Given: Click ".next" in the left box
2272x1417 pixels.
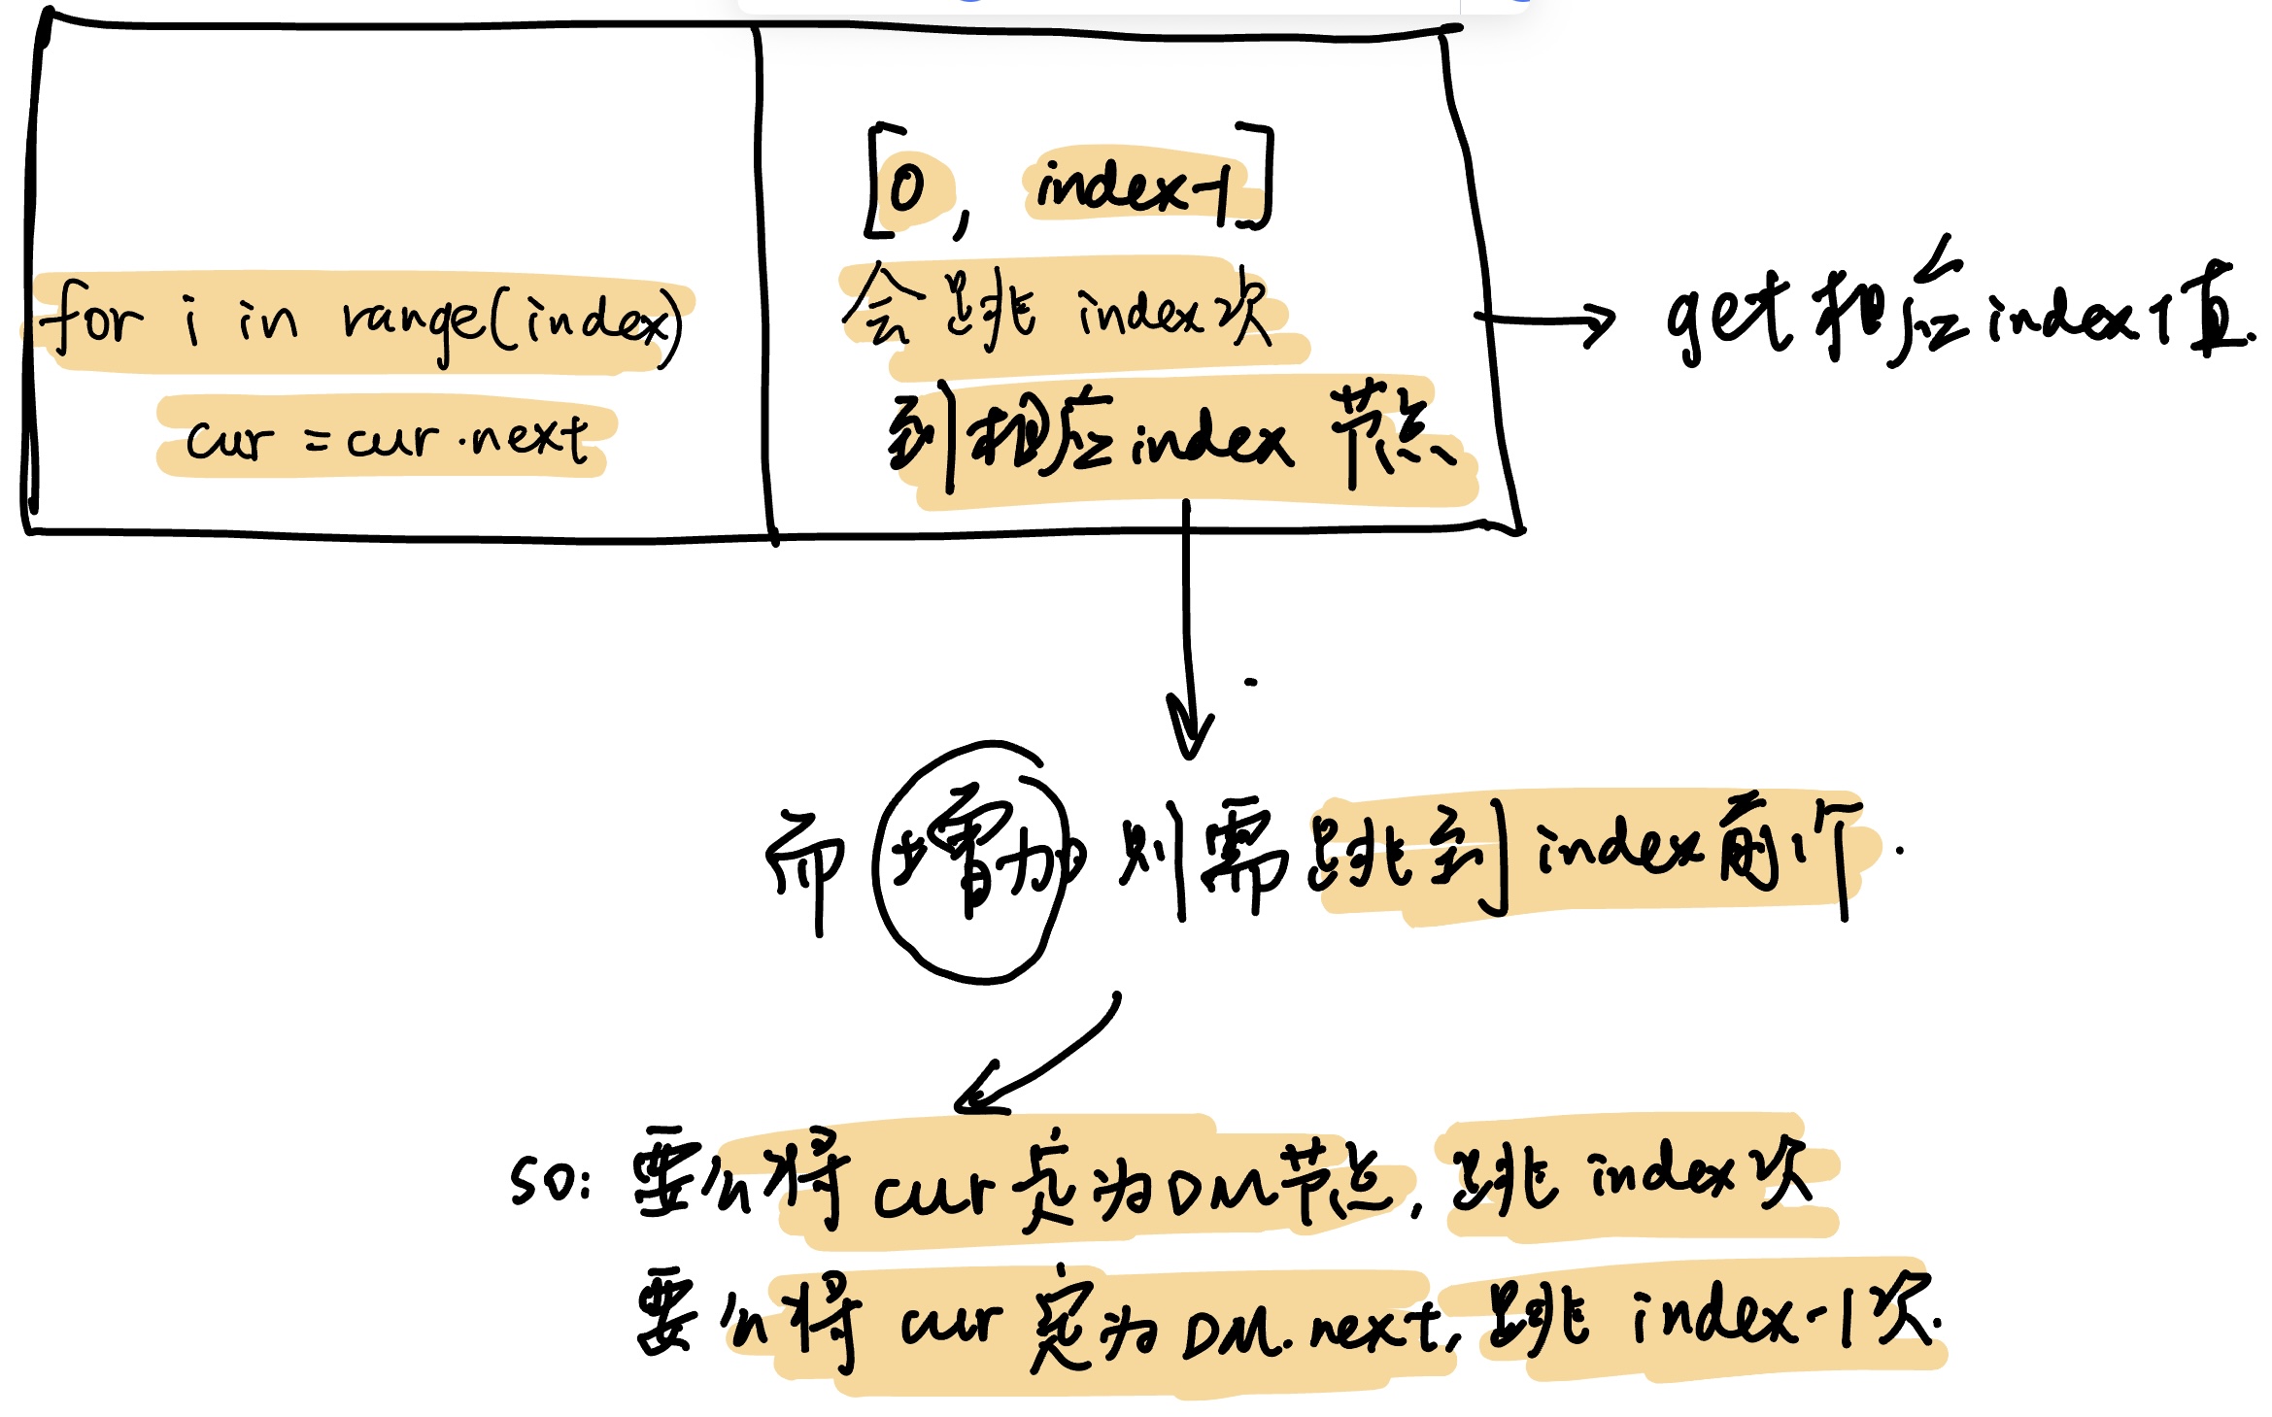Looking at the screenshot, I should pos(525,438).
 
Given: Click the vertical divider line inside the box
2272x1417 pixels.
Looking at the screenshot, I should pos(764,282).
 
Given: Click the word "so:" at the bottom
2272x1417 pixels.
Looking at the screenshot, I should pos(550,1181).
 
